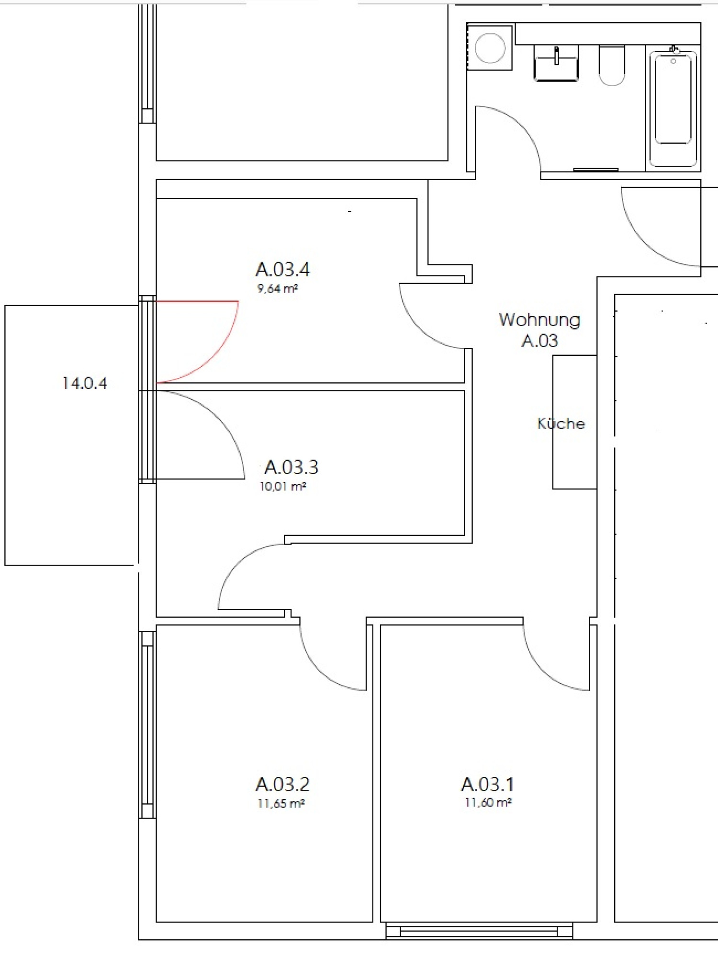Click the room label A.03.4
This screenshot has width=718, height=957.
[282, 270]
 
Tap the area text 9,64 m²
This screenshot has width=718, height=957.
[278, 289]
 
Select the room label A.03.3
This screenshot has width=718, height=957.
[291, 467]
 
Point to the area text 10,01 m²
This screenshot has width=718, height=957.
[282, 487]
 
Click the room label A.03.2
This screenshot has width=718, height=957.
[282, 785]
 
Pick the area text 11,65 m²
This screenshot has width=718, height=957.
[281, 804]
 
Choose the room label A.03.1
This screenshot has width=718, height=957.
[487, 785]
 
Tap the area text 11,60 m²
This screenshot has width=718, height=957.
[488, 803]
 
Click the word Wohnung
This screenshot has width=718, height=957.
[539, 320]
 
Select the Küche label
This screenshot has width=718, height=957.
[561, 423]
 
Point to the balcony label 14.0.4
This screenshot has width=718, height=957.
[85, 383]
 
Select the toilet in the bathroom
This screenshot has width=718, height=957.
[612, 65]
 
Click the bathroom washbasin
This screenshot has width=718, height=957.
[556, 63]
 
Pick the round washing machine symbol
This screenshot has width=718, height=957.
[490, 48]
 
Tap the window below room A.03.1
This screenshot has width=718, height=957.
[479, 931]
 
